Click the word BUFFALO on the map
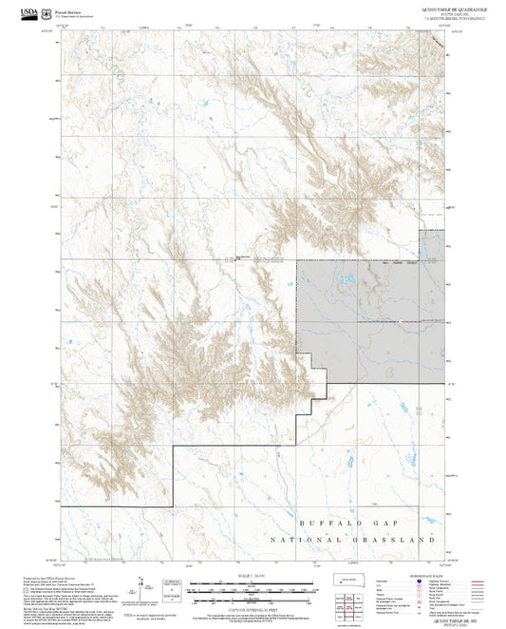point(327,524)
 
